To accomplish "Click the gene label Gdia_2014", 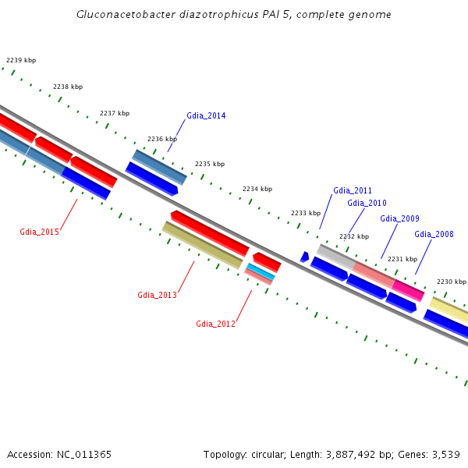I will point(206,116).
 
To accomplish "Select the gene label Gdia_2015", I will point(39,232).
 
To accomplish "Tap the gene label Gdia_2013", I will point(157,295).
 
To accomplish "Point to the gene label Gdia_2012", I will point(215,324).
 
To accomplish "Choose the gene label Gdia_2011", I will point(353,190).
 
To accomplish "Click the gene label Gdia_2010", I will point(367,204).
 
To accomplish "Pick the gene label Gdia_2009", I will point(399,218).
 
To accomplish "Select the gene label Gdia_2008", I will point(434,234).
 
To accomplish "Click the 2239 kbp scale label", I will point(21,60).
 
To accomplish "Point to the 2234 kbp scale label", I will point(257,189).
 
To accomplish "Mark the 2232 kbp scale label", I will point(354,236).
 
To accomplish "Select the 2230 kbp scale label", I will point(451,282).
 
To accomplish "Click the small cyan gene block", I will point(261,271).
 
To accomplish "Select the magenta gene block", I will point(409,289).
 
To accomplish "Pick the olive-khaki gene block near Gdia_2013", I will point(202,245).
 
